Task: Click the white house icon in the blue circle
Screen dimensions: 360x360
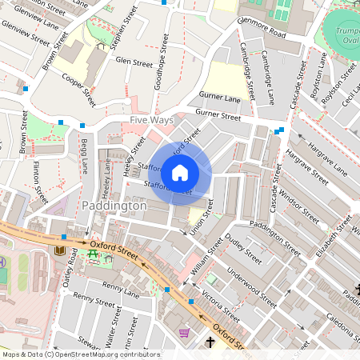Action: [180, 172]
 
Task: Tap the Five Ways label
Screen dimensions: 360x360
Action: [151, 120]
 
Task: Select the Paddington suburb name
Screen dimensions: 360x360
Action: [114, 206]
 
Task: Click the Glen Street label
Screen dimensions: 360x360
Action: [134, 62]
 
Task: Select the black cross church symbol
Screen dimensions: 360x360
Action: [210, 342]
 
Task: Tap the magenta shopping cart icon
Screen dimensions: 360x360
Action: [185, 332]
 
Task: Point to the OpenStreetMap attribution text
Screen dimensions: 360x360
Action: [80, 354]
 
